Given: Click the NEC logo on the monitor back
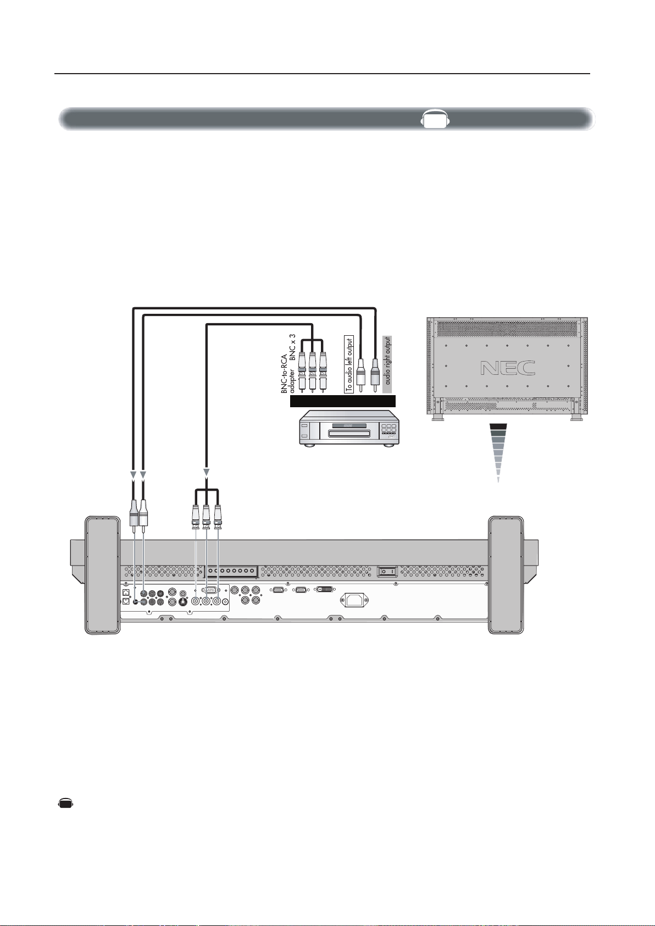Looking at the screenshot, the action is (508, 367).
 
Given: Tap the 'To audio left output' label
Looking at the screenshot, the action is (349, 364).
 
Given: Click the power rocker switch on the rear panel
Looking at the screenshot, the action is (387, 572).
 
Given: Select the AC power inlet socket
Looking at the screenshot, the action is (354, 600).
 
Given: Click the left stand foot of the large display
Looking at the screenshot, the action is (103, 575).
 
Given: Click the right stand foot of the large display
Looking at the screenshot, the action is (506, 575).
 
